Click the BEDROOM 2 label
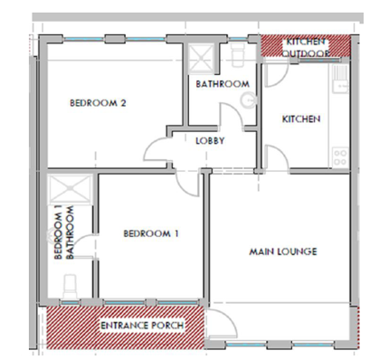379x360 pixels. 98,103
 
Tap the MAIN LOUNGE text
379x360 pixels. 283,251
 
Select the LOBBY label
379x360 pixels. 210,141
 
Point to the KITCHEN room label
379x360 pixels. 301,118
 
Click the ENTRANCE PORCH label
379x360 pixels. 142,326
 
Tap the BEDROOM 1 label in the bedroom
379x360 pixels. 151,233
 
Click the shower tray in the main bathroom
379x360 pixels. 202,59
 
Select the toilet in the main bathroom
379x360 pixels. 237,55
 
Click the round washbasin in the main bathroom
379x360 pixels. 250,99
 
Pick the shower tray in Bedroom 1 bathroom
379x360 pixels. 70,188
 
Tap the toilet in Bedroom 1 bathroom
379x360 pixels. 71,286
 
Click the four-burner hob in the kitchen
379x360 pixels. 340,157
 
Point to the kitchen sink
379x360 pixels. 340,79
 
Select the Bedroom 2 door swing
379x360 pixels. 156,150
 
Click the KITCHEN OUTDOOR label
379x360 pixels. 306,47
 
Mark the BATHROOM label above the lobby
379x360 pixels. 223,84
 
